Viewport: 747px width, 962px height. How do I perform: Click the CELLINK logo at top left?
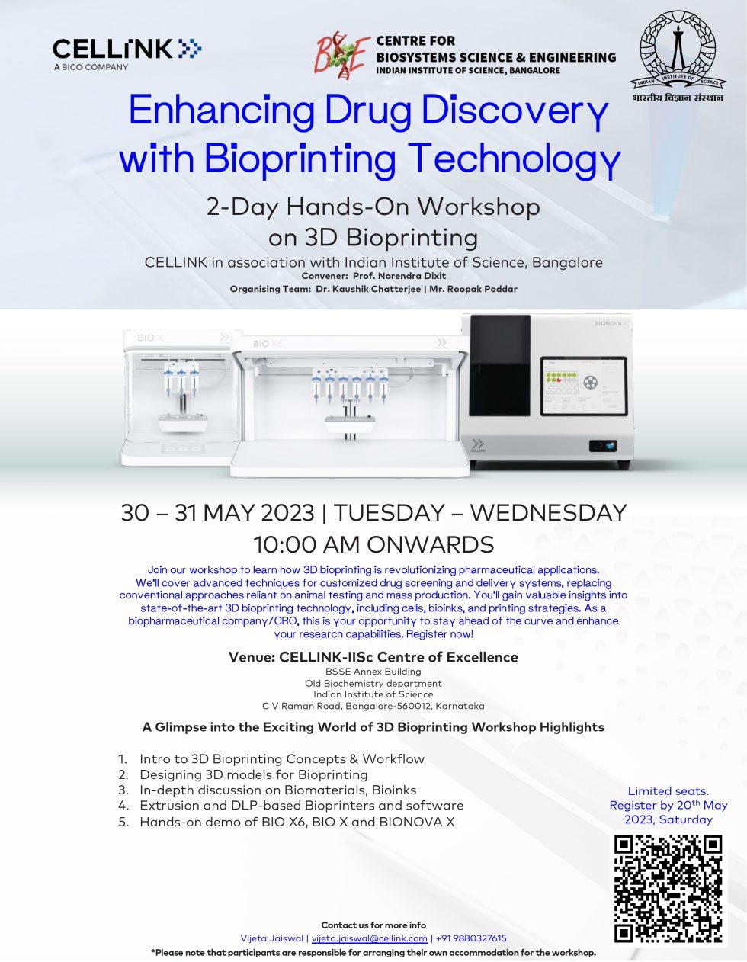click(127, 50)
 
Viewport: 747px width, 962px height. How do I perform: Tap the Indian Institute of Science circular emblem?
click(676, 51)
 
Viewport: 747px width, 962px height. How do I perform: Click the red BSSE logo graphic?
click(342, 55)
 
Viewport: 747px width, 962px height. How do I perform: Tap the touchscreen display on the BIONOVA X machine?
click(583, 386)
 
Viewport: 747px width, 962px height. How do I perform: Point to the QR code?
click(668, 889)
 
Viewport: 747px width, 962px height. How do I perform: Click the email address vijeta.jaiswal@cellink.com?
click(369, 938)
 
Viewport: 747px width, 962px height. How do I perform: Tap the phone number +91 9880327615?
click(471, 938)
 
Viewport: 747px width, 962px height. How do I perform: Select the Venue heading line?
click(373, 657)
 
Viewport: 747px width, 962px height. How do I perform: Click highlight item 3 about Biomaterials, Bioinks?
click(277, 790)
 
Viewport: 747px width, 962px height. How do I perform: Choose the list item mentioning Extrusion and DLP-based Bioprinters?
click(301, 806)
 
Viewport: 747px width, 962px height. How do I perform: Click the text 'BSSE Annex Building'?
click(373, 672)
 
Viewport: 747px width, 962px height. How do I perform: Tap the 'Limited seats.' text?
click(668, 791)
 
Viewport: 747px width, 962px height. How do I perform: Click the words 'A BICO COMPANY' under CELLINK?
click(91, 67)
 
